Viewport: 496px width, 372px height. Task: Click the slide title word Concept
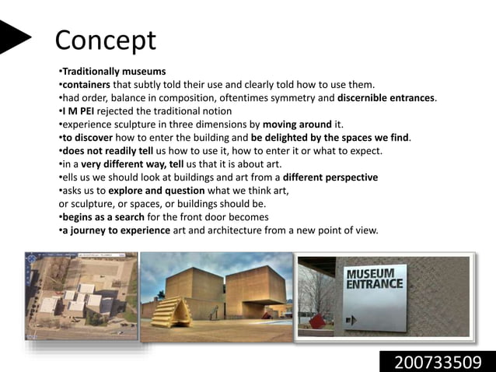click(x=106, y=40)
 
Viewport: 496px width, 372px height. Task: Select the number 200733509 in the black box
click(x=437, y=361)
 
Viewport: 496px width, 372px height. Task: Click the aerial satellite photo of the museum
click(x=81, y=294)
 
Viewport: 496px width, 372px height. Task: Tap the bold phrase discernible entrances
click(x=386, y=97)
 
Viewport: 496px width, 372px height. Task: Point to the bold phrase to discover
click(x=86, y=137)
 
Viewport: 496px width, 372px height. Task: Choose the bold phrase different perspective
click(x=330, y=177)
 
